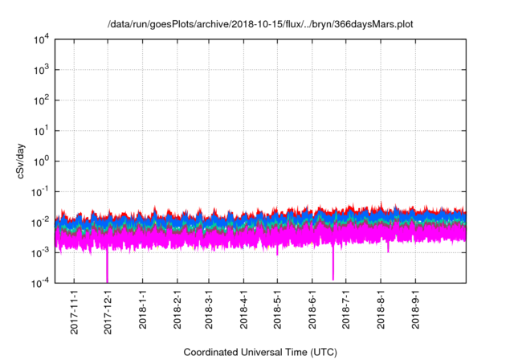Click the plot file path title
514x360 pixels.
(260, 25)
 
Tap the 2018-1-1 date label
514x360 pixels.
(142, 308)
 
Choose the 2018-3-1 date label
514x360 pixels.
(209, 308)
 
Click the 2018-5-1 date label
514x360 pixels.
(277, 308)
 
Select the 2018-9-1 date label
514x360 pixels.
(414, 308)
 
